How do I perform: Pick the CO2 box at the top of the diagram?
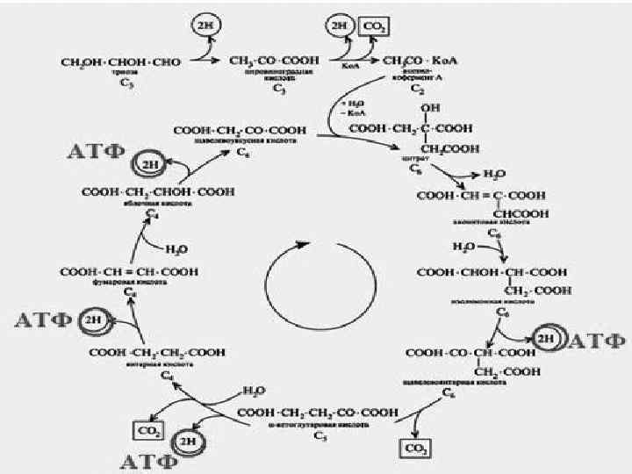[372, 26]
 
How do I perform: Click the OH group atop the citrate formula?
[428, 108]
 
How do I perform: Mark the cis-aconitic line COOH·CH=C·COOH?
[480, 195]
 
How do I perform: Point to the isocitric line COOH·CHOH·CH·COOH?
[490, 272]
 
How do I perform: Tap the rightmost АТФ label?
[596, 339]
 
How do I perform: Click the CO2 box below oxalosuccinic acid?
[413, 449]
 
